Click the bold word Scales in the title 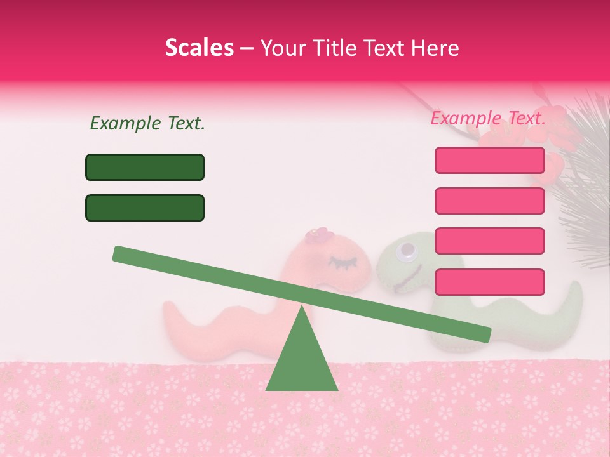(199, 48)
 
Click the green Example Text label (147, 123)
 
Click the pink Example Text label (488, 118)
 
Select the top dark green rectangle (145, 167)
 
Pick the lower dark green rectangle (145, 208)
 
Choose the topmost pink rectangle (489, 160)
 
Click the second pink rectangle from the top (489, 201)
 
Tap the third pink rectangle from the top (489, 241)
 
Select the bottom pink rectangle (489, 282)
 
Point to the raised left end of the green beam (121, 253)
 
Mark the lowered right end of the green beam (483, 334)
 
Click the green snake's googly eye (405, 254)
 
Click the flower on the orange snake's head (319, 235)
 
